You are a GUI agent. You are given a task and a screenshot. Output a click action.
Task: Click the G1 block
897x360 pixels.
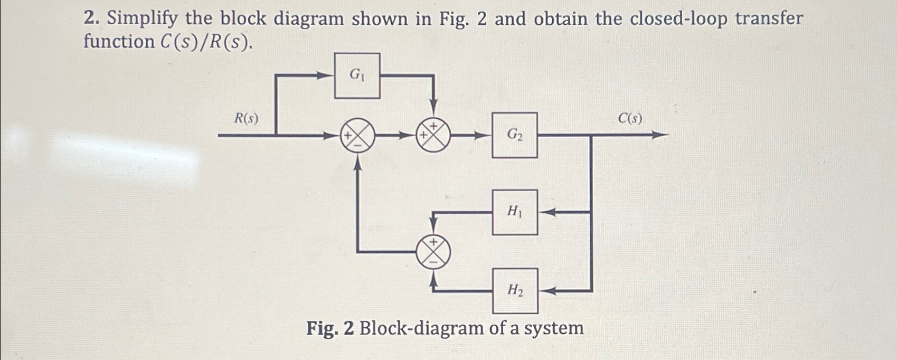coord(357,76)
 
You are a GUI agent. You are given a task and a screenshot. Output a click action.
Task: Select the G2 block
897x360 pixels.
coord(515,135)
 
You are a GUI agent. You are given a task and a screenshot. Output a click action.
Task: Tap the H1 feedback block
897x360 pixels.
coord(515,212)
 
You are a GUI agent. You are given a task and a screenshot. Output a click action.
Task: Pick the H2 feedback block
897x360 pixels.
coord(515,290)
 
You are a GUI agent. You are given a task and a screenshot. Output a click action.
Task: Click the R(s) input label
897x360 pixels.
coord(247,119)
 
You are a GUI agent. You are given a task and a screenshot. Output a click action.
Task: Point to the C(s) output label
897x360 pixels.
coord(630,119)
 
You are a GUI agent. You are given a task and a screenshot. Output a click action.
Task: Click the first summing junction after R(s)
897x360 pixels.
coord(357,136)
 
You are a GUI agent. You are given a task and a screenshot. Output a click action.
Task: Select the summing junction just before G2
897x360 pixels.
coord(433,136)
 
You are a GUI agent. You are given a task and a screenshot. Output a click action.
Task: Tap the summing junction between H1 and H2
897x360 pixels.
coord(433,251)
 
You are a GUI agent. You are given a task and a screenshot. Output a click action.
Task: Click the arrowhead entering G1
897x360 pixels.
coord(327,76)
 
